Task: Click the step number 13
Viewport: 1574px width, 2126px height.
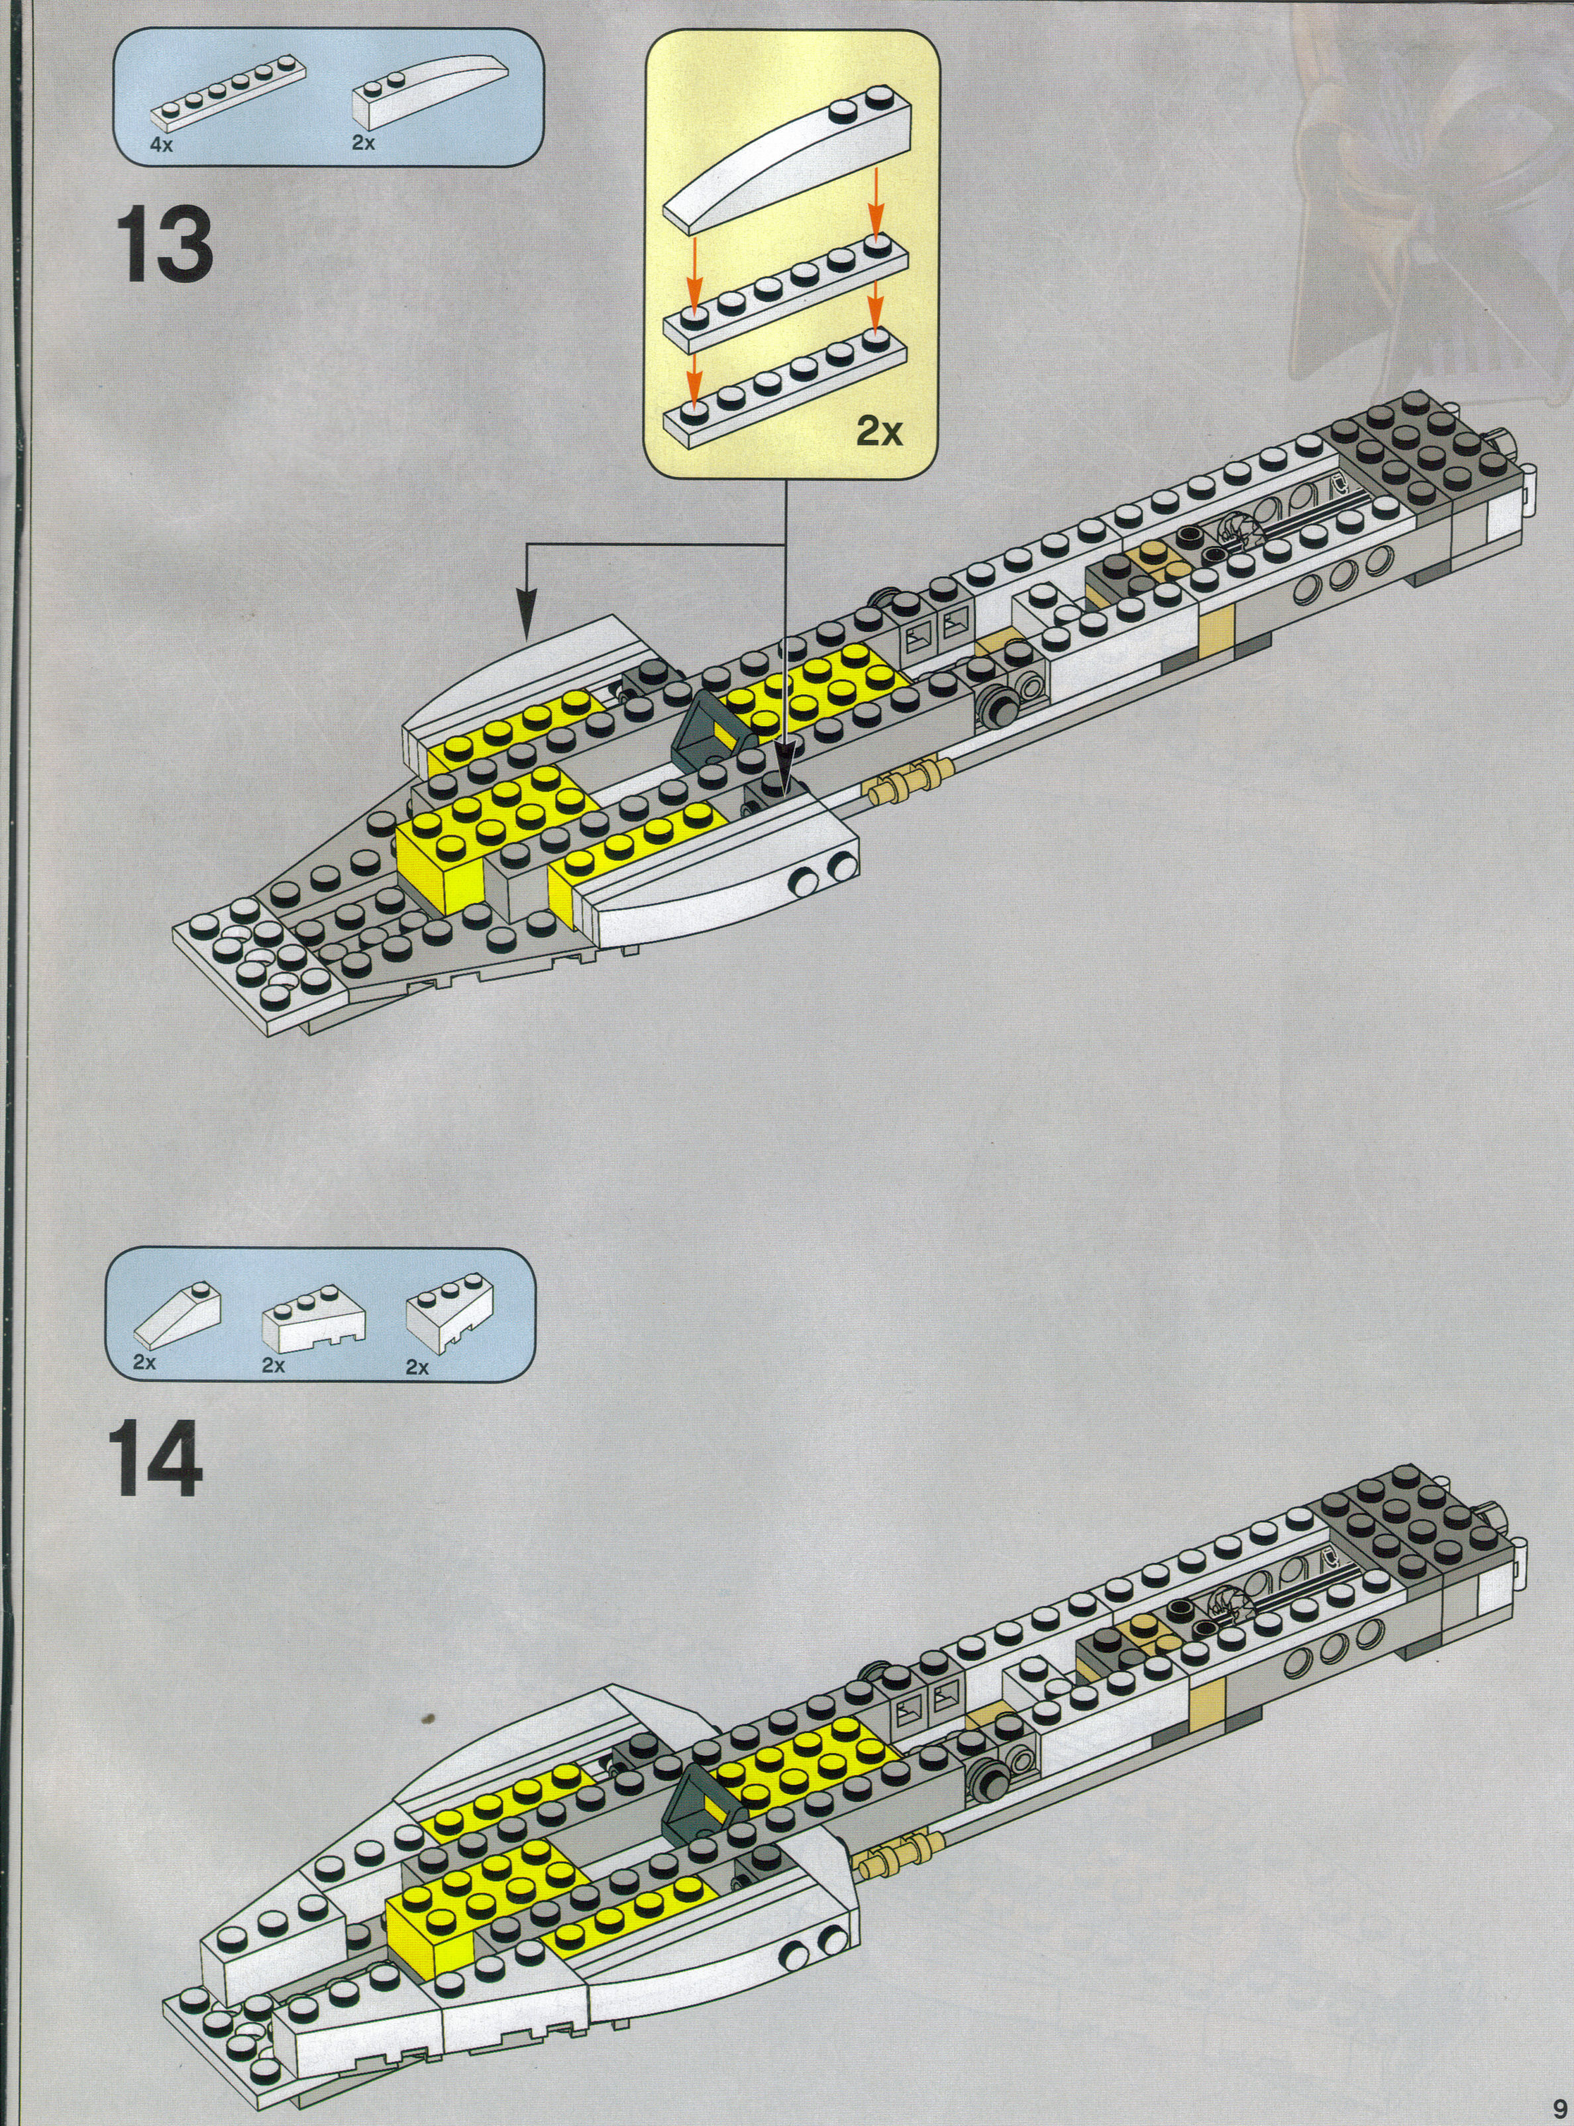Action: coord(164,245)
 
